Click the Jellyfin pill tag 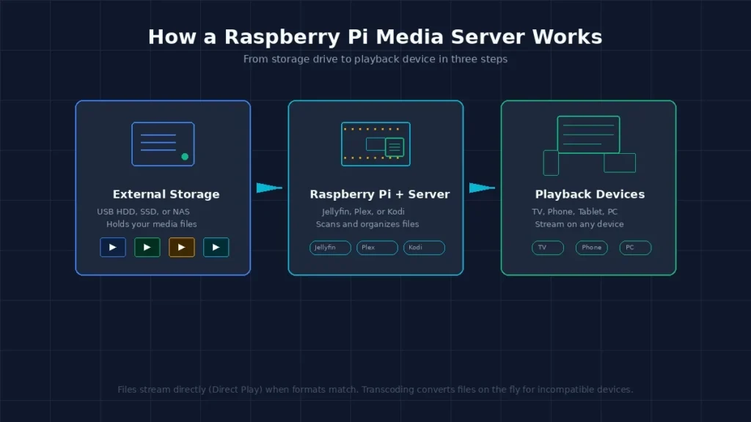click(x=330, y=248)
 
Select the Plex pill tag click(x=377, y=248)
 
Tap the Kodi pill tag click(x=424, y=248)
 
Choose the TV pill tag click(x=547, y=248)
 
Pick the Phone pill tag click(x=592, y=248)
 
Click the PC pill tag click(x=635, y=248)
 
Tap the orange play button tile click(x=182, y=248)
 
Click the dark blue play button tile click(x=112, y=248)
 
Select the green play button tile click(x=147, y=248)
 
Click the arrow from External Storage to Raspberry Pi click(x=269, y=188)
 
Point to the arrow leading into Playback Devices click(x=482, y=188)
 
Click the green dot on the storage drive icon click(x=185, y=157)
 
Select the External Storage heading click(x=166, y=194)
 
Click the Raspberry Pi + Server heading click(x=380, y=194)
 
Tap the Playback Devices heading click(x=590, y=194)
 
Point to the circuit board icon click(x=375, y=144)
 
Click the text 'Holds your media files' click(x=151, y=224)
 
